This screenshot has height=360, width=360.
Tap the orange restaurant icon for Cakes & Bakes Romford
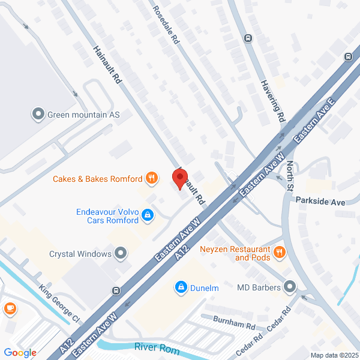point(152,178)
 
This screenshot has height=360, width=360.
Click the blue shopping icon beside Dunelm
point(180,288)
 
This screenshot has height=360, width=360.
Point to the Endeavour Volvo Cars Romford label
point(107,216)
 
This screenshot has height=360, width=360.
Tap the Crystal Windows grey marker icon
point(121,253)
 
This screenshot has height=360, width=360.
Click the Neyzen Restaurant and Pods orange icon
point(278,253)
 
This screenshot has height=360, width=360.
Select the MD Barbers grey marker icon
point(290,287)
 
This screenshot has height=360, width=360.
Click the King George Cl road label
point(59,302)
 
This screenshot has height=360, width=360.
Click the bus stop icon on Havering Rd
point(247,38)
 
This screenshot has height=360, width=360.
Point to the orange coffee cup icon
point(10,308)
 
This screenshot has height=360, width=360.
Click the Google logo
point(20,353)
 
